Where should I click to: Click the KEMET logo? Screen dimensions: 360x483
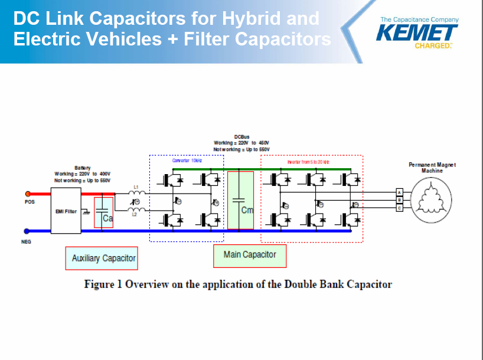[416, 32]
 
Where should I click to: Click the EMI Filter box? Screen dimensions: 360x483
[67, 211]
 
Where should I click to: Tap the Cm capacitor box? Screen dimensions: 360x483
[240, 200]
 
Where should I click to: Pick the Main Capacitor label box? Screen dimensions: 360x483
[249, 255]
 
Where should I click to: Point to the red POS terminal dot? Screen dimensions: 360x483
[27, 194]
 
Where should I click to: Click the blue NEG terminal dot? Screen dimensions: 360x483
[27, 232]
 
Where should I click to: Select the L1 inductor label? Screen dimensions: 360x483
[136, 186]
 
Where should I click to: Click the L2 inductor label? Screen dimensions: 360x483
[135, 215]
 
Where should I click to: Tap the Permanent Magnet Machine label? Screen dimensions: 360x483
[432, 168]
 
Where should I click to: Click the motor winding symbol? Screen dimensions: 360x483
[432, 200]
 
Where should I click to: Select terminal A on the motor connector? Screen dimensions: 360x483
[399, 192]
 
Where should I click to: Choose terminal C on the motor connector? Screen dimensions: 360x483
[399, 207]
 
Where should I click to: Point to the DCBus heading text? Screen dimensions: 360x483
[241, 137]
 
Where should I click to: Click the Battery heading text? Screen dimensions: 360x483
[83, 168]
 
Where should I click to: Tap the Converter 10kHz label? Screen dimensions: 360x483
[185, 161]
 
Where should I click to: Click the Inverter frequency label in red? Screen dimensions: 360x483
[308, 161]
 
